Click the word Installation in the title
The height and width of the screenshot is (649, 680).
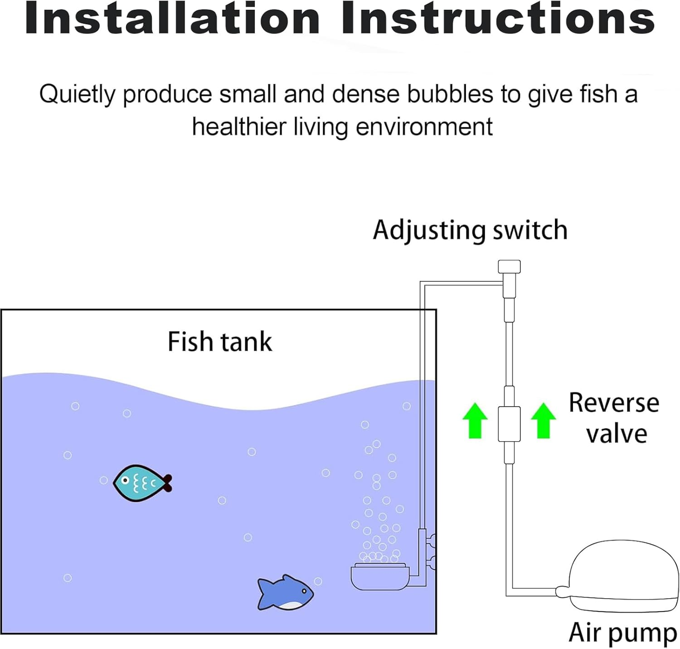click(x=172, y=19)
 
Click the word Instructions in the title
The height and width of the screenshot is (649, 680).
click(x=498, y=19)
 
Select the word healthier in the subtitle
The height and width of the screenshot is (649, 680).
click(x=239, y=127)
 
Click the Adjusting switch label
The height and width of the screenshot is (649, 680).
click(x=470, y=230)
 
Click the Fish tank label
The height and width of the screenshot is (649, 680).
click(x=220, y=342)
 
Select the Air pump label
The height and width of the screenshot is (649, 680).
click(x=622, y=632)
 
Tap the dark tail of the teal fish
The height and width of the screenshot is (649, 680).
click(x=167, y=483)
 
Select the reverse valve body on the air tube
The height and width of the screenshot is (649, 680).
click(x=509, y=424)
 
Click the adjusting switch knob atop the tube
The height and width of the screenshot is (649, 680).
click(x=509, y=267)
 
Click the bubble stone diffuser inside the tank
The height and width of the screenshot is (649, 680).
click(x=380, y=577)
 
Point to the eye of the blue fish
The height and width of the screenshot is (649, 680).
click(x=304, y=591)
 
